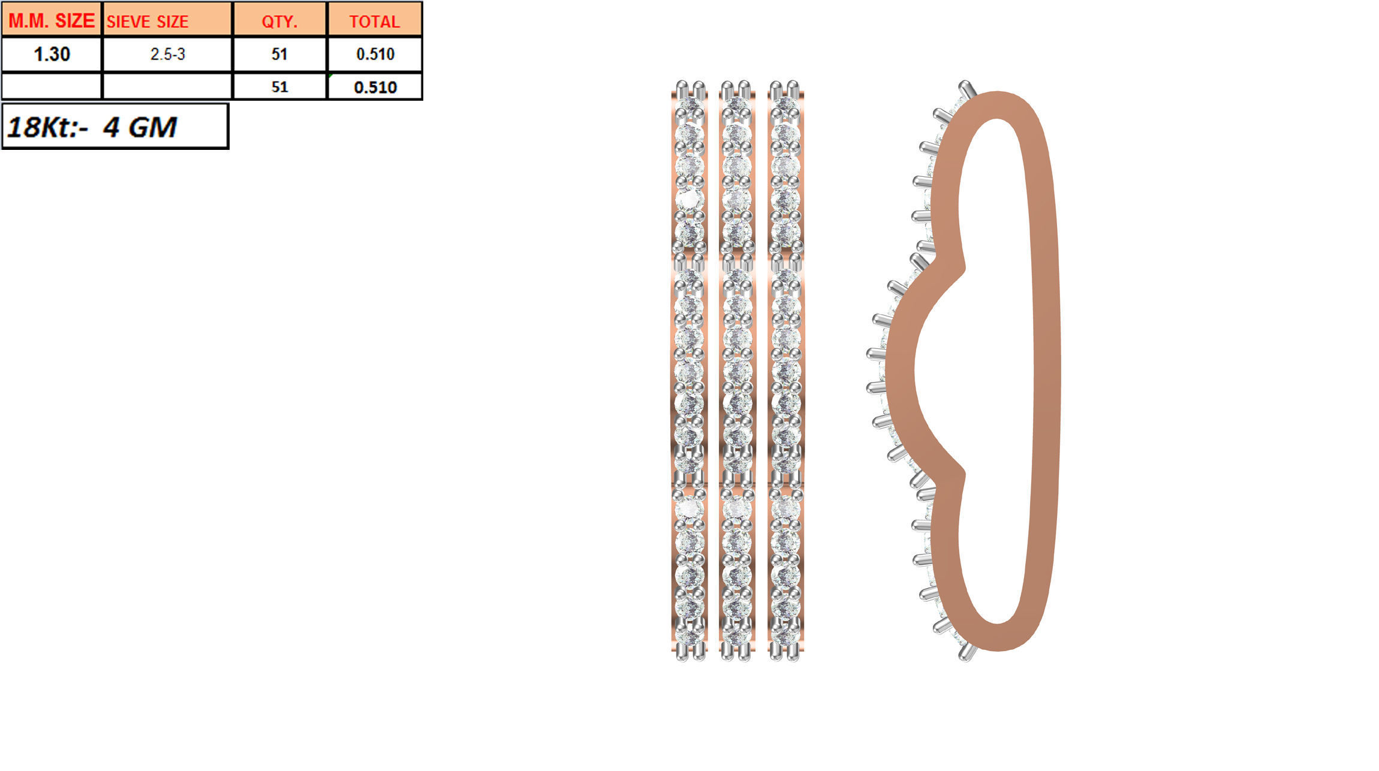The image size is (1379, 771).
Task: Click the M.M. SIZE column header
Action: [52, 20]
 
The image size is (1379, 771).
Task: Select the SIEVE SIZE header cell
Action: [147, 22]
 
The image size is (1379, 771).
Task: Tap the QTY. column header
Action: [279, 22]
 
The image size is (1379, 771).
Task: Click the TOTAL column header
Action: [374, 22]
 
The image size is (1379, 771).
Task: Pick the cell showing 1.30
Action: [52, 55]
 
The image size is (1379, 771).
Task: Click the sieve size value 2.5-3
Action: [167, 55]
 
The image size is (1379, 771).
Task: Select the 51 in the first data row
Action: [279, 55]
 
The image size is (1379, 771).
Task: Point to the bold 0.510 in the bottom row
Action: [375, 88]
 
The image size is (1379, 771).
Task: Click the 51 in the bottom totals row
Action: [279, 88]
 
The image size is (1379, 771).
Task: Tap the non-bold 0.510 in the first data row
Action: [375, 55]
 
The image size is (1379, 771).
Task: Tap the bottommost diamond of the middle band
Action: [737, 634]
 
